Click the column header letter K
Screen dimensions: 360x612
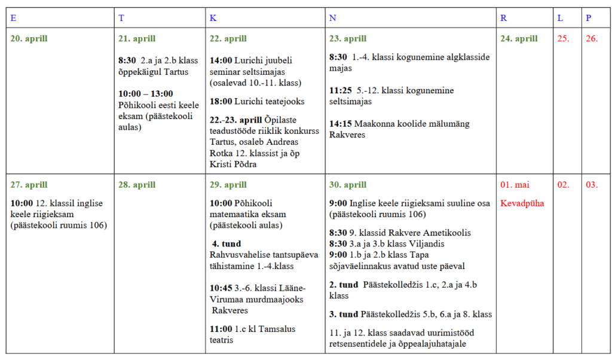click(213, 18)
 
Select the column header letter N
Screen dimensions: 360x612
click(332, 18)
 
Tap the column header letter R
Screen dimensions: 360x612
click(503, 18)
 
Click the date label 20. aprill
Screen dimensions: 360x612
click(29, 39)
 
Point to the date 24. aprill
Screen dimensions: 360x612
click(519, 39)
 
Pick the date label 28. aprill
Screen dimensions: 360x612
click(137, 185)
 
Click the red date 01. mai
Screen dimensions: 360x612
click(515, 185)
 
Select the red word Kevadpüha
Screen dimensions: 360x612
click(522, 203)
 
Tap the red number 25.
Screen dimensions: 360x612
click(563, 39)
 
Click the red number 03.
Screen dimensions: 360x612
click(591, 185)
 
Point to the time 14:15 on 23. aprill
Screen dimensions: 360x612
click(341, 124)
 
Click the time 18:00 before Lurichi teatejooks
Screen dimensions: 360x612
click(221, 101)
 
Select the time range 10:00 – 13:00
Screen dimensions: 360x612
click(146, 94)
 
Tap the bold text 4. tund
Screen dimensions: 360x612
click(227, 244)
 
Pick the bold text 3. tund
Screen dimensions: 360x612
click(344, 314)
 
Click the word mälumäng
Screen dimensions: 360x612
click(448, 124)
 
